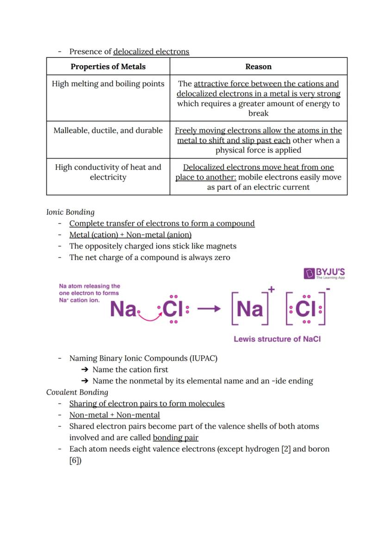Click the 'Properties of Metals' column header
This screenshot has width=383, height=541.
pos(108,67)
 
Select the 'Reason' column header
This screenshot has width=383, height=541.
pos(258,67)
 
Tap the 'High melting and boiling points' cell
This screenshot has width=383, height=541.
pos(108,84)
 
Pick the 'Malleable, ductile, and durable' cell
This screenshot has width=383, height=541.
pos(108,131)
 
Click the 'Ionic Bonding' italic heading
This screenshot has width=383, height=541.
pos(70,212)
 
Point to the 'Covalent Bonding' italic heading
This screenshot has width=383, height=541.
pos(77,392)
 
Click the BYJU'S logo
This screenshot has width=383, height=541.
pos(324,274)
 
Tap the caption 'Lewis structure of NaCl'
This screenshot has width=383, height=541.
pos(277,339)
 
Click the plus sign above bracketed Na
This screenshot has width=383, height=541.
pos(271,289)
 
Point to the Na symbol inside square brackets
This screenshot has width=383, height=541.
pos(250,309)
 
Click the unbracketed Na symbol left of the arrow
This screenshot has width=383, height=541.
pos(123,309)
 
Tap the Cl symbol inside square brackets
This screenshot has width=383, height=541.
pos(305,309)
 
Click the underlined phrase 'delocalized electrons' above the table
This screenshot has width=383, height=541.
pos(151,52)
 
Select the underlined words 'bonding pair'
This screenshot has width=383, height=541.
pos(175,437)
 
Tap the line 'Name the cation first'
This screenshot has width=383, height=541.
pos(130,370)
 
